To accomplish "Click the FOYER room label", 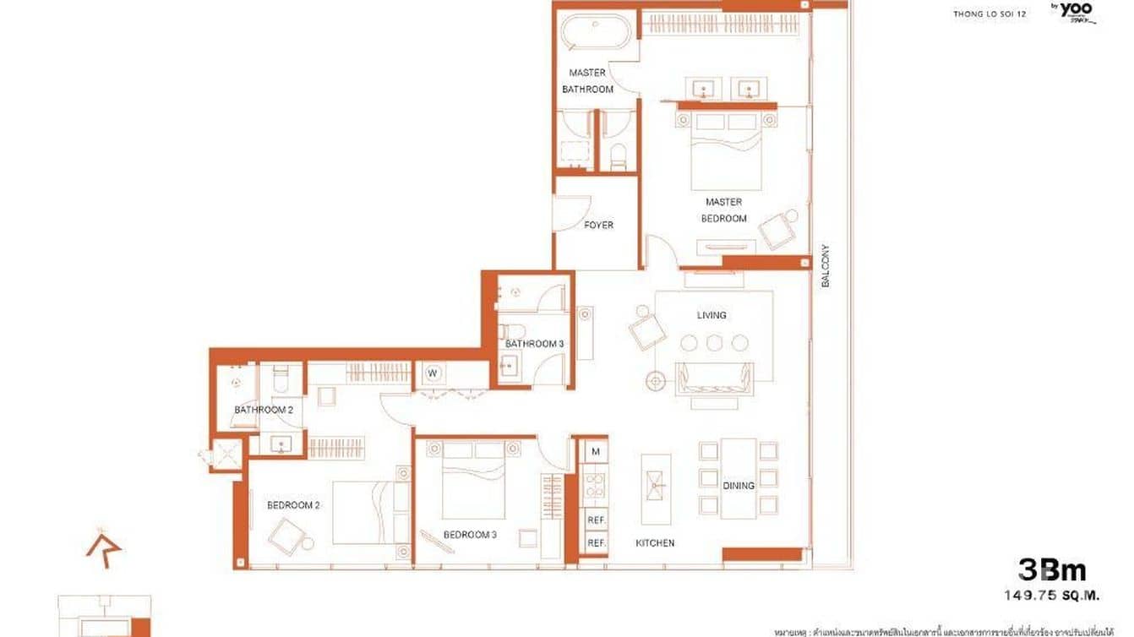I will coord(598,226).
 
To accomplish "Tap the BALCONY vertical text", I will coord(826,266).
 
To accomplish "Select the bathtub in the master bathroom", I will coord(596,34).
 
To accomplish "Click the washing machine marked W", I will coord(432,373).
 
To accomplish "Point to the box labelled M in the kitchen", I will coord(595,452).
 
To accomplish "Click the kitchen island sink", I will coord(656,488).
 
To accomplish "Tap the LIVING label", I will coord(711,315).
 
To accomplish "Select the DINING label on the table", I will coord(738,486).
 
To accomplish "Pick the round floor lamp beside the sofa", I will coord(655,381).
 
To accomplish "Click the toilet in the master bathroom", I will coord(618,154).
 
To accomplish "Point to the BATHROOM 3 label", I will coord(534,344).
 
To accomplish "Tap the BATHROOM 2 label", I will coord(264,410).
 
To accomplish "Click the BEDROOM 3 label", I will coord(470,535).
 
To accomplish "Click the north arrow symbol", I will coord(103,547).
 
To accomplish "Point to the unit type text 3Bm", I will coord(1051,570).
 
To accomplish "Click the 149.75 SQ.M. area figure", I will coord(1051,595).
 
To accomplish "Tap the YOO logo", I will coord(1075,11).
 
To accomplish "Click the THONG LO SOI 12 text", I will coord(990,14).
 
